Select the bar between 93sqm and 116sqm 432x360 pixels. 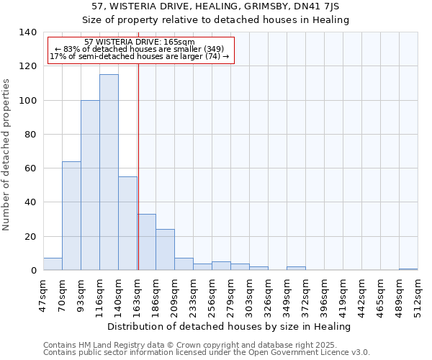point(90,185)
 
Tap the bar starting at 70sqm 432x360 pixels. point(71,216)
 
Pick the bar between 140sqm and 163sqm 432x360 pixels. point(127,223)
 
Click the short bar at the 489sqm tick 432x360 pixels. point(408,269)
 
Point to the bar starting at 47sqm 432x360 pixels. point(53,264)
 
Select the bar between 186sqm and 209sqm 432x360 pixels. point(165,250)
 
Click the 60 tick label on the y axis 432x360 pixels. point(31,168)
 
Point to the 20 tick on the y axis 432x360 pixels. point(31,236)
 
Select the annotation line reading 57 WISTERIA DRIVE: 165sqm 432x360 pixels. point(139,42)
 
